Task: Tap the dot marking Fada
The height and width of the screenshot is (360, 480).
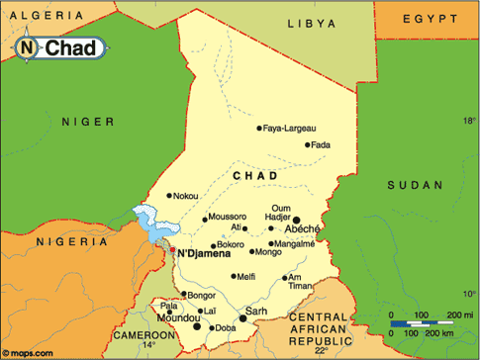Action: pos(307,145)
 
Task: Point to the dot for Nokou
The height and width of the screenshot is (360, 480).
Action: pos(169,196)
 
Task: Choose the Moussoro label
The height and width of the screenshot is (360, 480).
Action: pos(227,216)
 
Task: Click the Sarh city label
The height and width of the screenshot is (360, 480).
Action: pos(256,311)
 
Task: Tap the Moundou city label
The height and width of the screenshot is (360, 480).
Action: pos(177,317)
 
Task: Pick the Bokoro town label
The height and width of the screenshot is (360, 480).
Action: pos(230,244)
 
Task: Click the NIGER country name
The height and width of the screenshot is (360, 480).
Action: pos(82,121)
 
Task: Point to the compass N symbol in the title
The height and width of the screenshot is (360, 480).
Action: pos(27,46)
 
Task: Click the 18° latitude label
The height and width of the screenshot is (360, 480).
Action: pos(468,119)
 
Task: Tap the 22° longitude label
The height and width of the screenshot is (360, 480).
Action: pos(320,350)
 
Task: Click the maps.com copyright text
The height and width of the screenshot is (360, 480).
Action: pos(26,352)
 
